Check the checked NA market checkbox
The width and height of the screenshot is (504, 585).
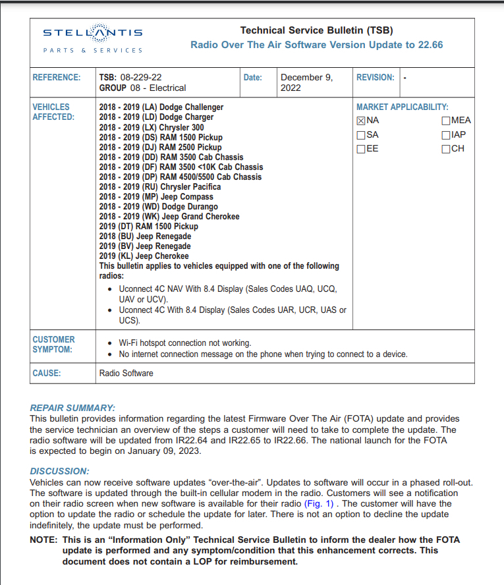(x=361, y=121)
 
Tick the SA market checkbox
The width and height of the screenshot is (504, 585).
(x=361, y=135)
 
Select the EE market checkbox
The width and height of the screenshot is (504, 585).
(x=361, y=149)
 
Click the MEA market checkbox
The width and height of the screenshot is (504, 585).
(x=446, y=121)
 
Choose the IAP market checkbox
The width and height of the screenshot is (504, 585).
(x=446, y=135)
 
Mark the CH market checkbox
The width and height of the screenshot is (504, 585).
(x=446, y=149)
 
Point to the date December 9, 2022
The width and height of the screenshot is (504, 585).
(x=306, y=82)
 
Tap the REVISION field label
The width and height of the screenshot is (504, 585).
(x=375, y=77)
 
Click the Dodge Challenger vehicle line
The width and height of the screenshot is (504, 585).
(x=161, y=107)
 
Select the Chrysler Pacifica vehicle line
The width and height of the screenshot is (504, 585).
(x=160, y=187)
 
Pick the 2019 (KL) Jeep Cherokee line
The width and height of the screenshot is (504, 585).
(x=144, y=256)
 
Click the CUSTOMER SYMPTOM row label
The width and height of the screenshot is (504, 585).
(x=53, y=345)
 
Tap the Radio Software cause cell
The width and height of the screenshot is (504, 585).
(x=126, y=374)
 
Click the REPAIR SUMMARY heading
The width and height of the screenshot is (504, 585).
(x=72, y=408)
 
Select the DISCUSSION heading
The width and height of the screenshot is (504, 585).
(x=59, y=471)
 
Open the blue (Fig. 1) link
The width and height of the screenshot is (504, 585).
(x=319, y=504)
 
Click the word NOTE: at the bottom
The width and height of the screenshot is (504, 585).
(x=43, y=540)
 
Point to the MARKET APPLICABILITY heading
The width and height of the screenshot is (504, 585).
(x=402, y=107)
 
